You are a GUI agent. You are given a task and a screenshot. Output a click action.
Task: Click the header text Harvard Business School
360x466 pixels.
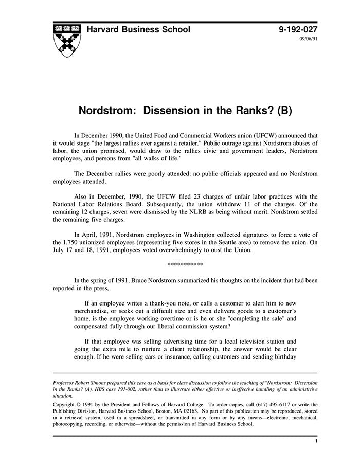pos(138,29)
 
